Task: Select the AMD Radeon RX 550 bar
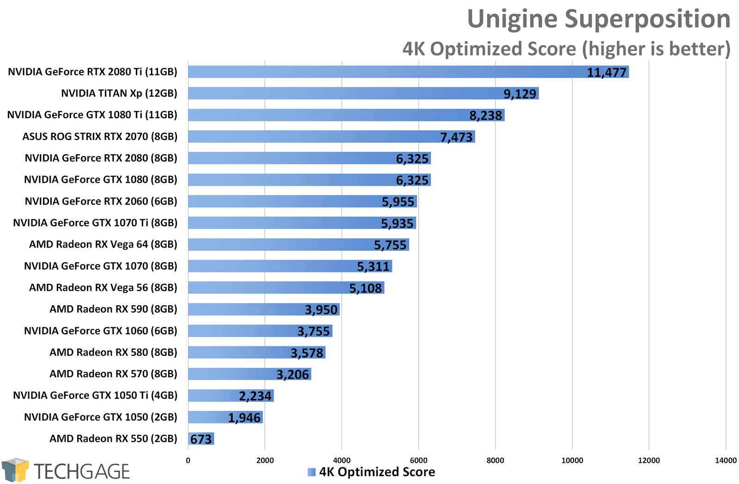201,439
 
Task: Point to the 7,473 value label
456,137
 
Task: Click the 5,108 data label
365,288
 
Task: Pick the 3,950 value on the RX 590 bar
321,310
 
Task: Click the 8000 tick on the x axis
495,460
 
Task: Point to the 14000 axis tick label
726,460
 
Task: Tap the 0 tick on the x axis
188,460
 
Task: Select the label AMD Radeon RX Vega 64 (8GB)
103,244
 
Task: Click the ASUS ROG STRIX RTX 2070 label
100,137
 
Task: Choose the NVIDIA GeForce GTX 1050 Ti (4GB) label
95,395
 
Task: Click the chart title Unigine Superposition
599,19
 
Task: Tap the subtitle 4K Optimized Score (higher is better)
566,49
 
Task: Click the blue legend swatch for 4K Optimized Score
312,472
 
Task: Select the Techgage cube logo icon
15,470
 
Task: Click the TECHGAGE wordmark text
82,472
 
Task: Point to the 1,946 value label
244,418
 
